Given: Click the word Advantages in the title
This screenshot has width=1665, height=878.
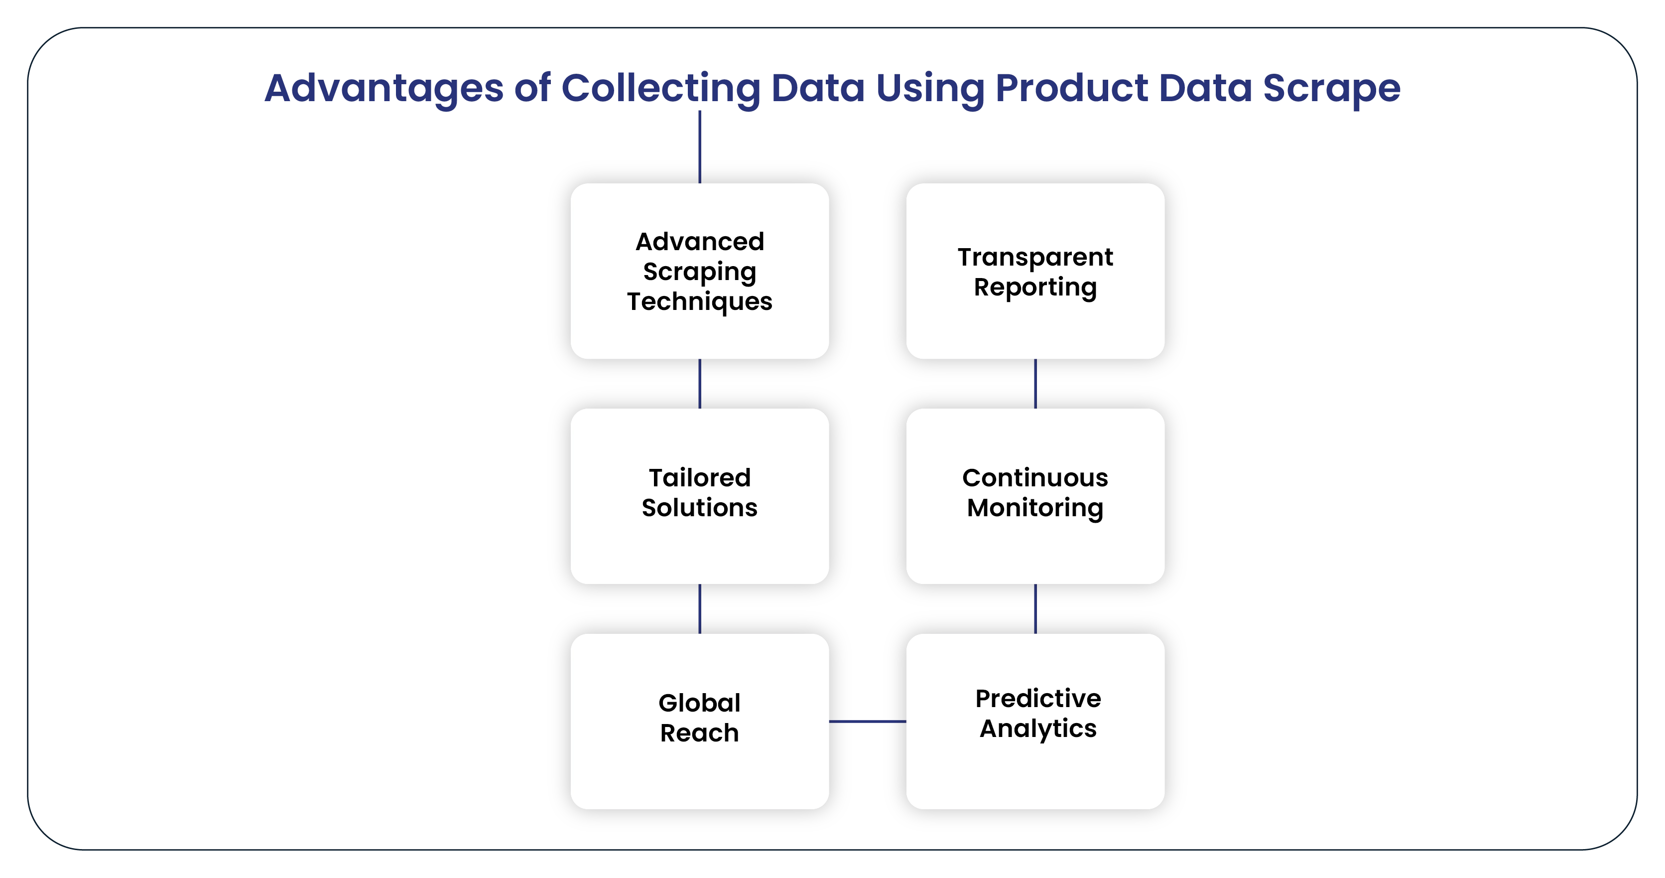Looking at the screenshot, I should point(384,89).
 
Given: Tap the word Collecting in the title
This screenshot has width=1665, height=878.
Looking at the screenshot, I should point(660,89).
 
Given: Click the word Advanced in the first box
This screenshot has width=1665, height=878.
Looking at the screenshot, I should point(699,242).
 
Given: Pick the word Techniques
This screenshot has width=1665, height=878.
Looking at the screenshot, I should point(699,302).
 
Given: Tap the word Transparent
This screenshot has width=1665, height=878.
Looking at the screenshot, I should point(1035,257).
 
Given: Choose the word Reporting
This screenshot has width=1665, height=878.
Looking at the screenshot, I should point(1035,287).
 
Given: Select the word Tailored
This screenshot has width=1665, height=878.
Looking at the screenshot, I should point(699,478).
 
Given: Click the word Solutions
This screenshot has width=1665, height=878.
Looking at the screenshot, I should point(699,508).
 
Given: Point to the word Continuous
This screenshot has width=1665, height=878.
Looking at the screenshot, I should point(1035,478).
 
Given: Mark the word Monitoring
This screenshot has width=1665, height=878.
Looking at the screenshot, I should point(1035,508).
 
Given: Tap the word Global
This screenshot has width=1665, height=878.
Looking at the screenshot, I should point(699,703).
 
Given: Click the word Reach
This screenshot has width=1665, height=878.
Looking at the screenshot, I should point(699,733).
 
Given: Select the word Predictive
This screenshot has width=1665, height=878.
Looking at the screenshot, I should point(1038,698).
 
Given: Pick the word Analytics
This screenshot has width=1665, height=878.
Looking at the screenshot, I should point(1038,729).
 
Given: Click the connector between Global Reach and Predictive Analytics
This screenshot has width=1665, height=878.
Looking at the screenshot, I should point(868,721).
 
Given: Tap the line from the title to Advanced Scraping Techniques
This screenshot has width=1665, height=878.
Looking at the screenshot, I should point(699,146).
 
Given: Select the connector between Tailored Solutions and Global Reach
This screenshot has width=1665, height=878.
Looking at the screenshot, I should point(699,608).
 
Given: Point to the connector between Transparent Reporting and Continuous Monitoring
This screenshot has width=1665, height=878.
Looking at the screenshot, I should point(1035,383).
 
